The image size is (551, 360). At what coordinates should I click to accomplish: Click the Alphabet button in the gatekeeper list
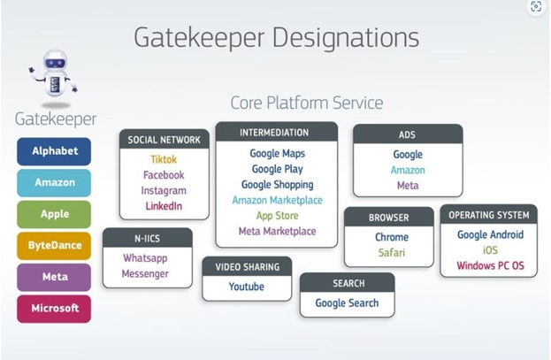click(54, 151)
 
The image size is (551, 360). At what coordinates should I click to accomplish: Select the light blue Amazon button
click(54, 183)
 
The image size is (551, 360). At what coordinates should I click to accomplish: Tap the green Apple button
click(54, 214)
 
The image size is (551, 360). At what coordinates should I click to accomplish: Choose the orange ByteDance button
click(54, 246)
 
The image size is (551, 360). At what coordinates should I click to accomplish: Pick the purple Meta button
click(54, 277)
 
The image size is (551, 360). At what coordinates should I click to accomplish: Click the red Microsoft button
click(54, 309)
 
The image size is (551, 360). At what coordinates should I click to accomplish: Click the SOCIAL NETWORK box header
click(164, 140)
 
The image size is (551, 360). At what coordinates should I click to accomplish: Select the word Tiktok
click(164, 159)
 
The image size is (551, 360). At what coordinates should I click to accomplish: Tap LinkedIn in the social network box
click(164, 206)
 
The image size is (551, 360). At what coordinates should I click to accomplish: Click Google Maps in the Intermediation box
click(276, 153)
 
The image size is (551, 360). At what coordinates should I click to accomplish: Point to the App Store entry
click(276, 216)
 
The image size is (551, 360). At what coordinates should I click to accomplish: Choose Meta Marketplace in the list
click(276, 232)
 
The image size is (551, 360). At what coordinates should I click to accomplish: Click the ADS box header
click(407, 134)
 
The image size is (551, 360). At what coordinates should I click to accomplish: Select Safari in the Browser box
click(391, 253)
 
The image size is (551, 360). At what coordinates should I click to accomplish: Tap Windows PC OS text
click(490, 265)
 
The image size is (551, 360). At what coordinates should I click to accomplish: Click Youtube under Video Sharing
click(247, 287)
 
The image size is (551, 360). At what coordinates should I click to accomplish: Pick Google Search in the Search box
click(347, 303)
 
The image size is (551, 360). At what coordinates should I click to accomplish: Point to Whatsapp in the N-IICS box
click(146, 258)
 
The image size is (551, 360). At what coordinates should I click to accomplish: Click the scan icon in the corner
click(536, 8)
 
